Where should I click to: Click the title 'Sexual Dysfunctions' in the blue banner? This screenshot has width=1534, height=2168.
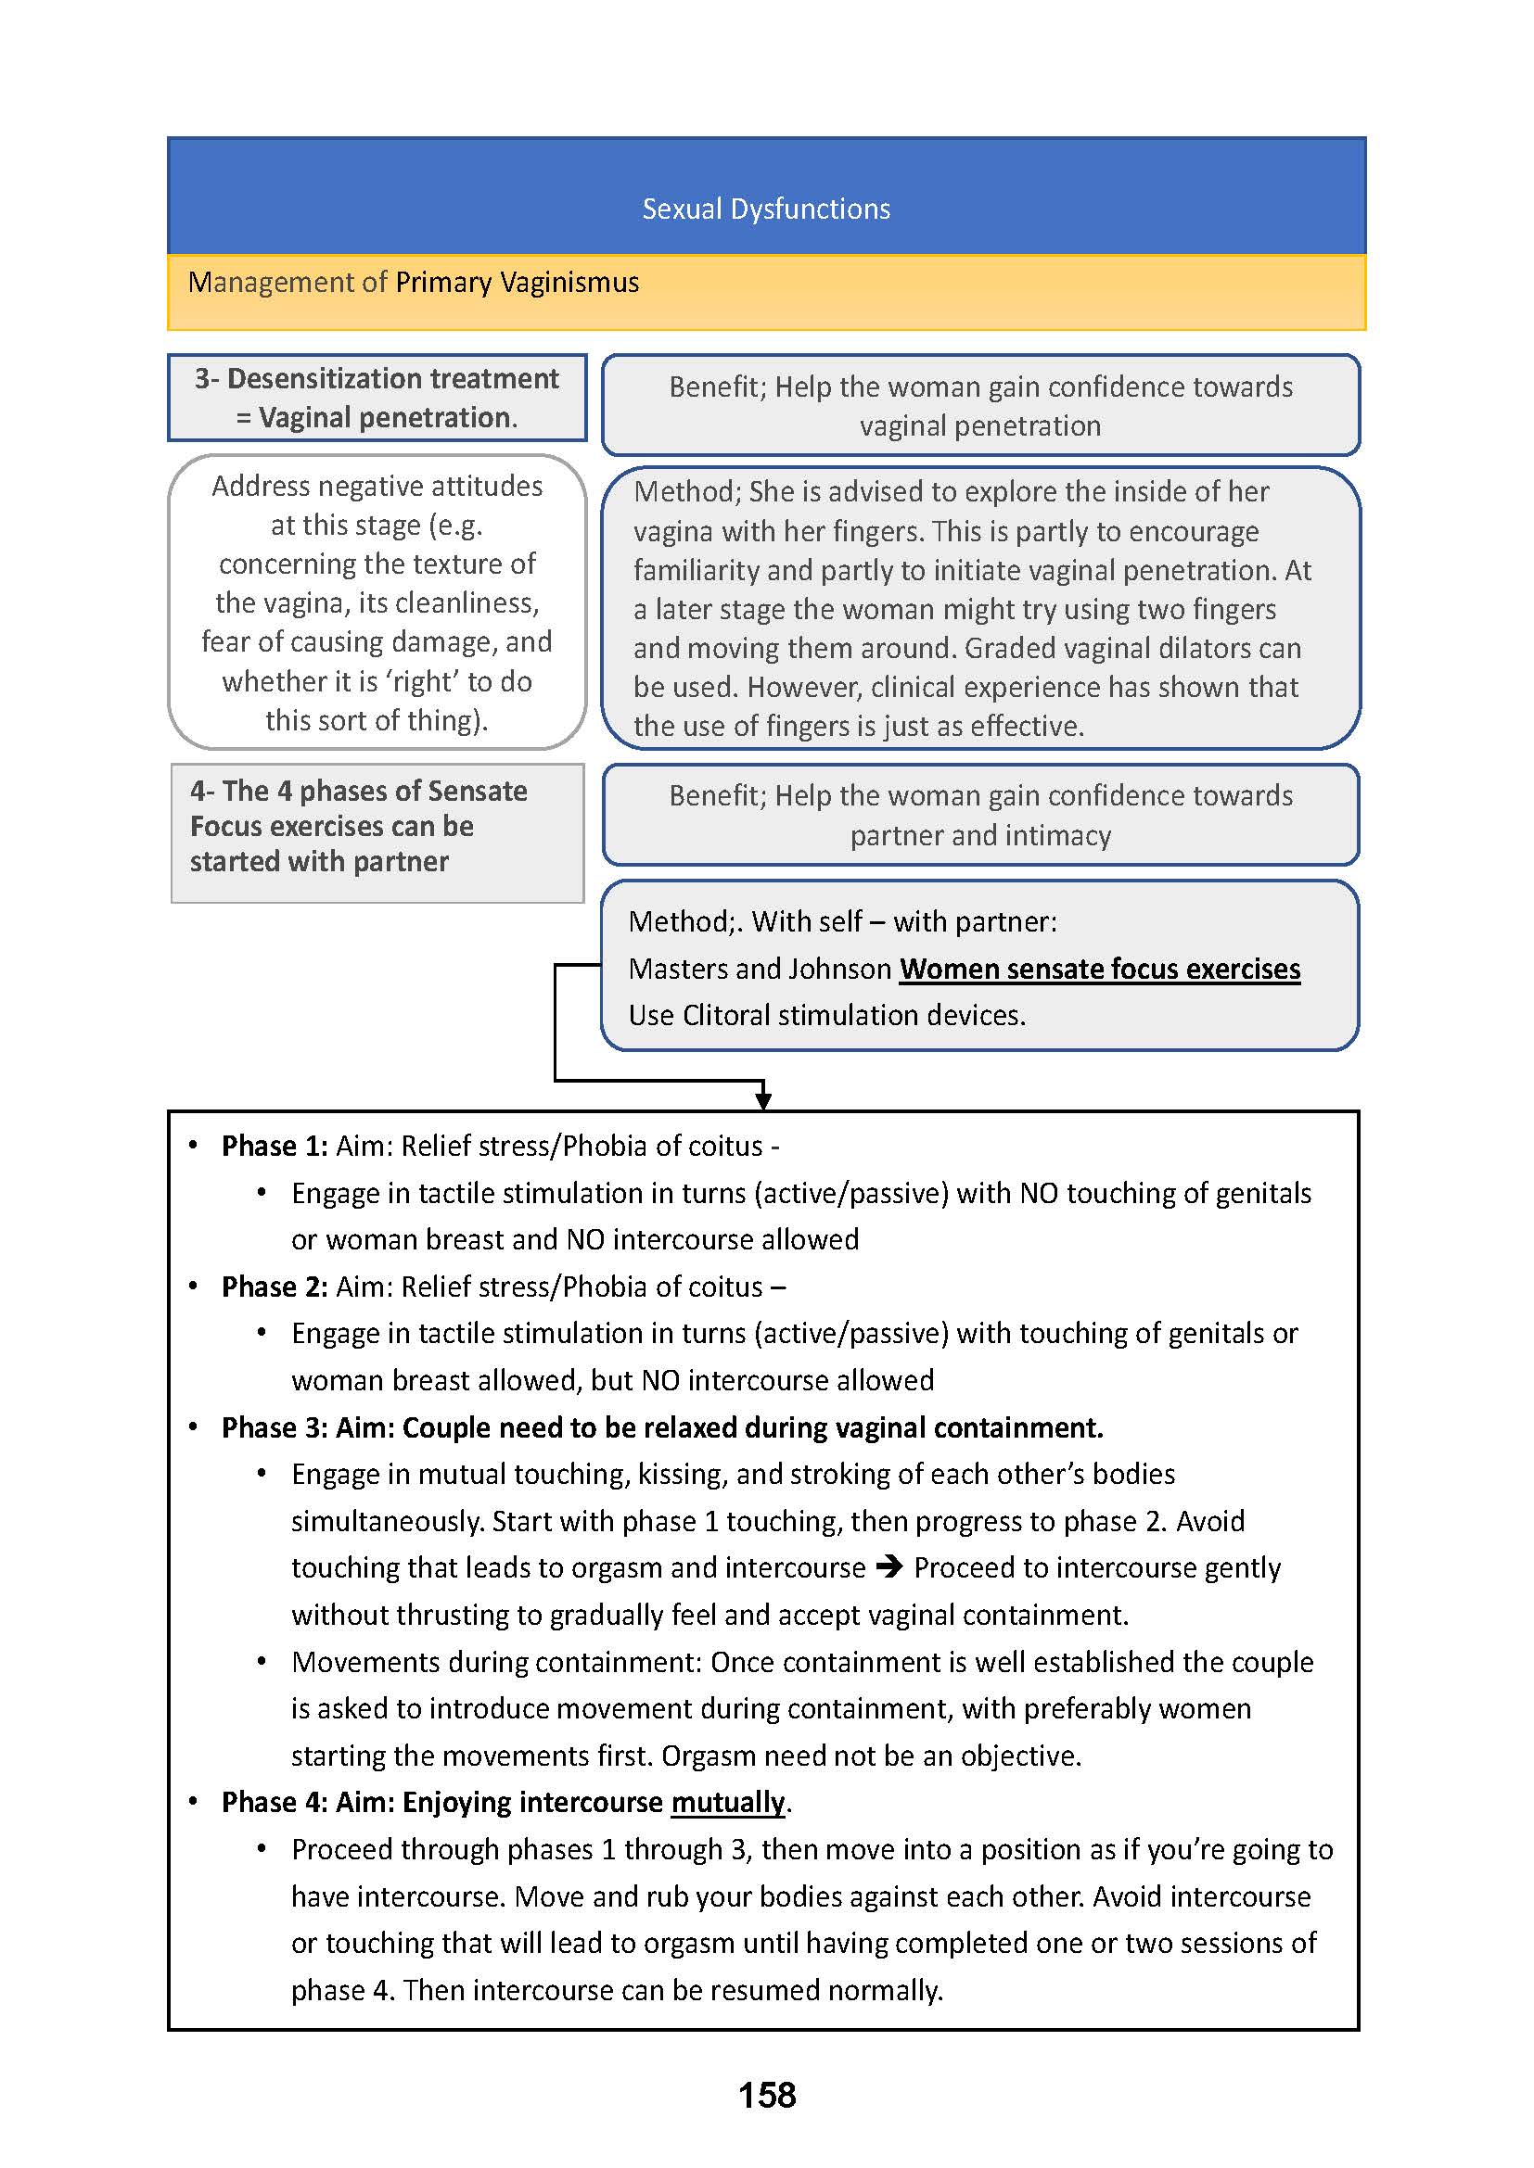click(x=766, y=209)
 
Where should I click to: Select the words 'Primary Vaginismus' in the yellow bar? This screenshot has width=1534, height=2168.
click(x=517, y=283)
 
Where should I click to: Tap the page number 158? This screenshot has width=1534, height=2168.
click(x=767, y=2095)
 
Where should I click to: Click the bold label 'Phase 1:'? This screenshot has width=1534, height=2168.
click(x=275, y=1147)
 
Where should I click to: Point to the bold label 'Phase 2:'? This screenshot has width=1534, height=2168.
click(x=275, y=1287)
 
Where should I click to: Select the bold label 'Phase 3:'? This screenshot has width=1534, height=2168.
click(x=275, y=1427)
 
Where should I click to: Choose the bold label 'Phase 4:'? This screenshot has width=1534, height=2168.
click(x=275, y=1803)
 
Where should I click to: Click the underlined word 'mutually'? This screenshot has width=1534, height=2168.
click(x=727, y=1803)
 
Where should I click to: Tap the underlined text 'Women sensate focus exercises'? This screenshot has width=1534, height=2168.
click(x=1100, y=969)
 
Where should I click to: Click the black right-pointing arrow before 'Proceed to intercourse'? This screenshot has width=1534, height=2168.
click(x=888, y=1567)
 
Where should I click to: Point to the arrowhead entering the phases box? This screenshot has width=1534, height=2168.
click(x=763, y=1101)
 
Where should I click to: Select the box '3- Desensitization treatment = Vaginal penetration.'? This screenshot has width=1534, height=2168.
click(x=377, y=398)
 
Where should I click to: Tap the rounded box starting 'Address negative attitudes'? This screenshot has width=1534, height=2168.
click(x=377, y=602)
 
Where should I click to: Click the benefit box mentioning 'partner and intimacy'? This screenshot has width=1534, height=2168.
click(x=980, y=815)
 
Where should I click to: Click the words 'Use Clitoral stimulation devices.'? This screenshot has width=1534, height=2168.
click(x=827, y=1015)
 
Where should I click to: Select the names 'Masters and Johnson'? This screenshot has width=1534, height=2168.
click(x=760, y=969)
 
